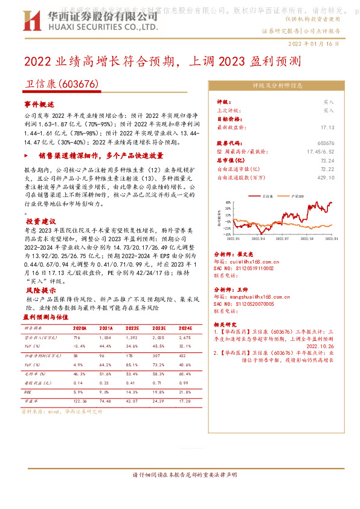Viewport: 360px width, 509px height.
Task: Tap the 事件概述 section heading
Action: (x=39, y=104)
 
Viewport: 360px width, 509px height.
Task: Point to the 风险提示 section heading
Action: (x=39, y=291)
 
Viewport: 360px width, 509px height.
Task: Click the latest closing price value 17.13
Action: (x=327, y=128)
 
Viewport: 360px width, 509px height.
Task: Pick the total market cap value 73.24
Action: (x=327, y=161)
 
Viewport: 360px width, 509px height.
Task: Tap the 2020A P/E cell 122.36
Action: (x=80, y=401)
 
